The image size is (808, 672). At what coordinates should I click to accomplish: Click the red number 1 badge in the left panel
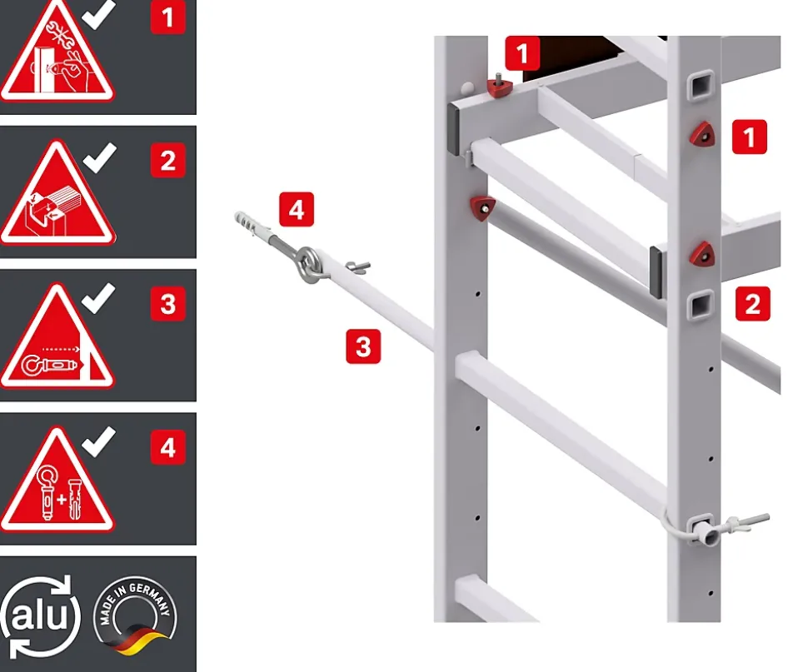pyautogui.click(x=168, y=17)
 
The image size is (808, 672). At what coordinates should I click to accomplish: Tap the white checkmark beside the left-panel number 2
pyautogui.click(x=99, y=157)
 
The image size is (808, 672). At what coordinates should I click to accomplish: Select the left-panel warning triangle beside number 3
pyautogui.click(x=57, y=336)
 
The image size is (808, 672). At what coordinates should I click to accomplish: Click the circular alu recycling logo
pyautogui.click(x=40, y=616)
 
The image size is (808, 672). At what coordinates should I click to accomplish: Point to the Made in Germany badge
pyautogui.click(x=135, y=616)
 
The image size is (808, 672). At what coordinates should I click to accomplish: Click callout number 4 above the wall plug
pyautogui.click(x=297, y=210)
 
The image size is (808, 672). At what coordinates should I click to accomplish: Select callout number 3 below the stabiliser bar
pyautogui.click(x=363, y=346)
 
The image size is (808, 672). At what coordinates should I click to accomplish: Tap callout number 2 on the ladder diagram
pyautogui.click(x=753, y=304)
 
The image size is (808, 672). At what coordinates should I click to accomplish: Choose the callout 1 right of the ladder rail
pyautogui.click(x=749, y=137)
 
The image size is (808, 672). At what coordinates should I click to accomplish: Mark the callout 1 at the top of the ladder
pyautogui.click(x=522, y=53)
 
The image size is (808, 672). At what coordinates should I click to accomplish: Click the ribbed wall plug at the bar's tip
pyautogui.click(x=253, y=224)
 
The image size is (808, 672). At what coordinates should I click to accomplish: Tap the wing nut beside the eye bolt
pyautogui.click(x=357, y=267)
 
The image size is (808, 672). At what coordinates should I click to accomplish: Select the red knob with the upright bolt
pyautogui.click(x=499, y=86)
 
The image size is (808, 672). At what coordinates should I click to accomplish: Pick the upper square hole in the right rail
pyautogui.click(x=701, y=85)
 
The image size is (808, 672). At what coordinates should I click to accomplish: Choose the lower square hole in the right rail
pyautogui.click(x=701, y=305)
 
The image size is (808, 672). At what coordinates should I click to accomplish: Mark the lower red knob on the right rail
pyautogui.click(x=703, y=253)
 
